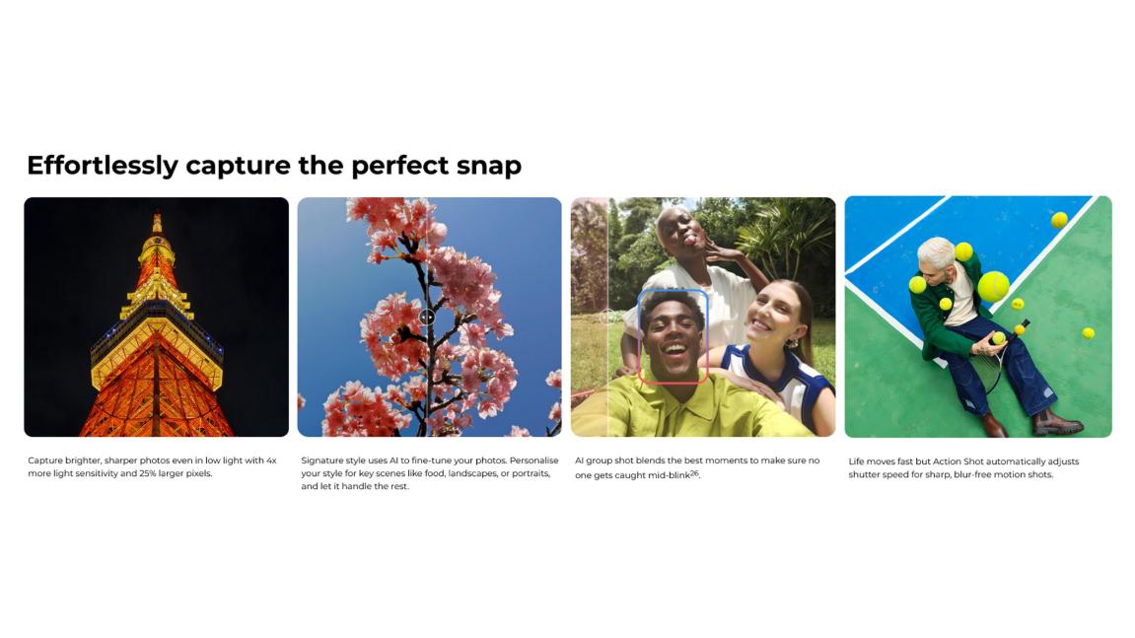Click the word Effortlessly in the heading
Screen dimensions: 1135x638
pyautogui.click(x=103, y=166)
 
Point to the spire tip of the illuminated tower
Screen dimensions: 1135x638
pyautogui.click(x=157, y=214)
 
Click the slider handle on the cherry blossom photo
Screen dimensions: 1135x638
pyautogui.click(x=427, y=317)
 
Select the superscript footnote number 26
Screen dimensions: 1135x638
pyautogui.click(x=694, y=473)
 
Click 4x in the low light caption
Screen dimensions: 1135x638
pyautogui.click(x=271, y=461)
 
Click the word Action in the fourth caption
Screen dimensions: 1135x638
pyautogui.click(x=946, y=461)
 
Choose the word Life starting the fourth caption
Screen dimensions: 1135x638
pyautogui.click(x=856, y=461)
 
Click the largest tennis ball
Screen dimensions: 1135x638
pyautogui.click(x=993, y=287)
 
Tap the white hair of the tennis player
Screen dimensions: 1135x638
pyautogui.click(x=935, y=250)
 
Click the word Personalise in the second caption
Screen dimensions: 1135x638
pyautogui.click(x=534, y=461)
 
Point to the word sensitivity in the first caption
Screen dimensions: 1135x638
pyautogui.click(x=90, y=473)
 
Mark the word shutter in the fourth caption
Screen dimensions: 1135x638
pyautogui.click(x=864, y=474)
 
